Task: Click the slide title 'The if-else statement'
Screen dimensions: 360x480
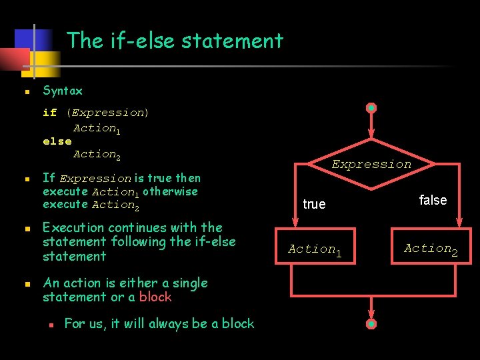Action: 175,41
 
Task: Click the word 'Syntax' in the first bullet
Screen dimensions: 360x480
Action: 63,91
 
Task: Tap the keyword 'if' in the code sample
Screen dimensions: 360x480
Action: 49,113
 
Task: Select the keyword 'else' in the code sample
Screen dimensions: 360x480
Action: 57,141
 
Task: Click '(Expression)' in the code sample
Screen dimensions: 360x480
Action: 107,113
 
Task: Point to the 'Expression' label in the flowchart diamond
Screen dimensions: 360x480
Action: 371,164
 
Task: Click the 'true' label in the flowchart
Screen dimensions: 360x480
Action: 314,204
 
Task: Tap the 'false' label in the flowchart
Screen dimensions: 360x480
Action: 433,200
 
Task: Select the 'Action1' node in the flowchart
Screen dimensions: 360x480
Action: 314,249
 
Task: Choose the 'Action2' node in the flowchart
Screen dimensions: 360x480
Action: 431,249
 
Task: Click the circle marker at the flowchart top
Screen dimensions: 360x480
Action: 372,108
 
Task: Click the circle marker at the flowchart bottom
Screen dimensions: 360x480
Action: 371,324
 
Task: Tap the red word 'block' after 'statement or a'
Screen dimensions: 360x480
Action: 155,297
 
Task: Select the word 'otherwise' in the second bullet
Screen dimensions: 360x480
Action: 170,191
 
